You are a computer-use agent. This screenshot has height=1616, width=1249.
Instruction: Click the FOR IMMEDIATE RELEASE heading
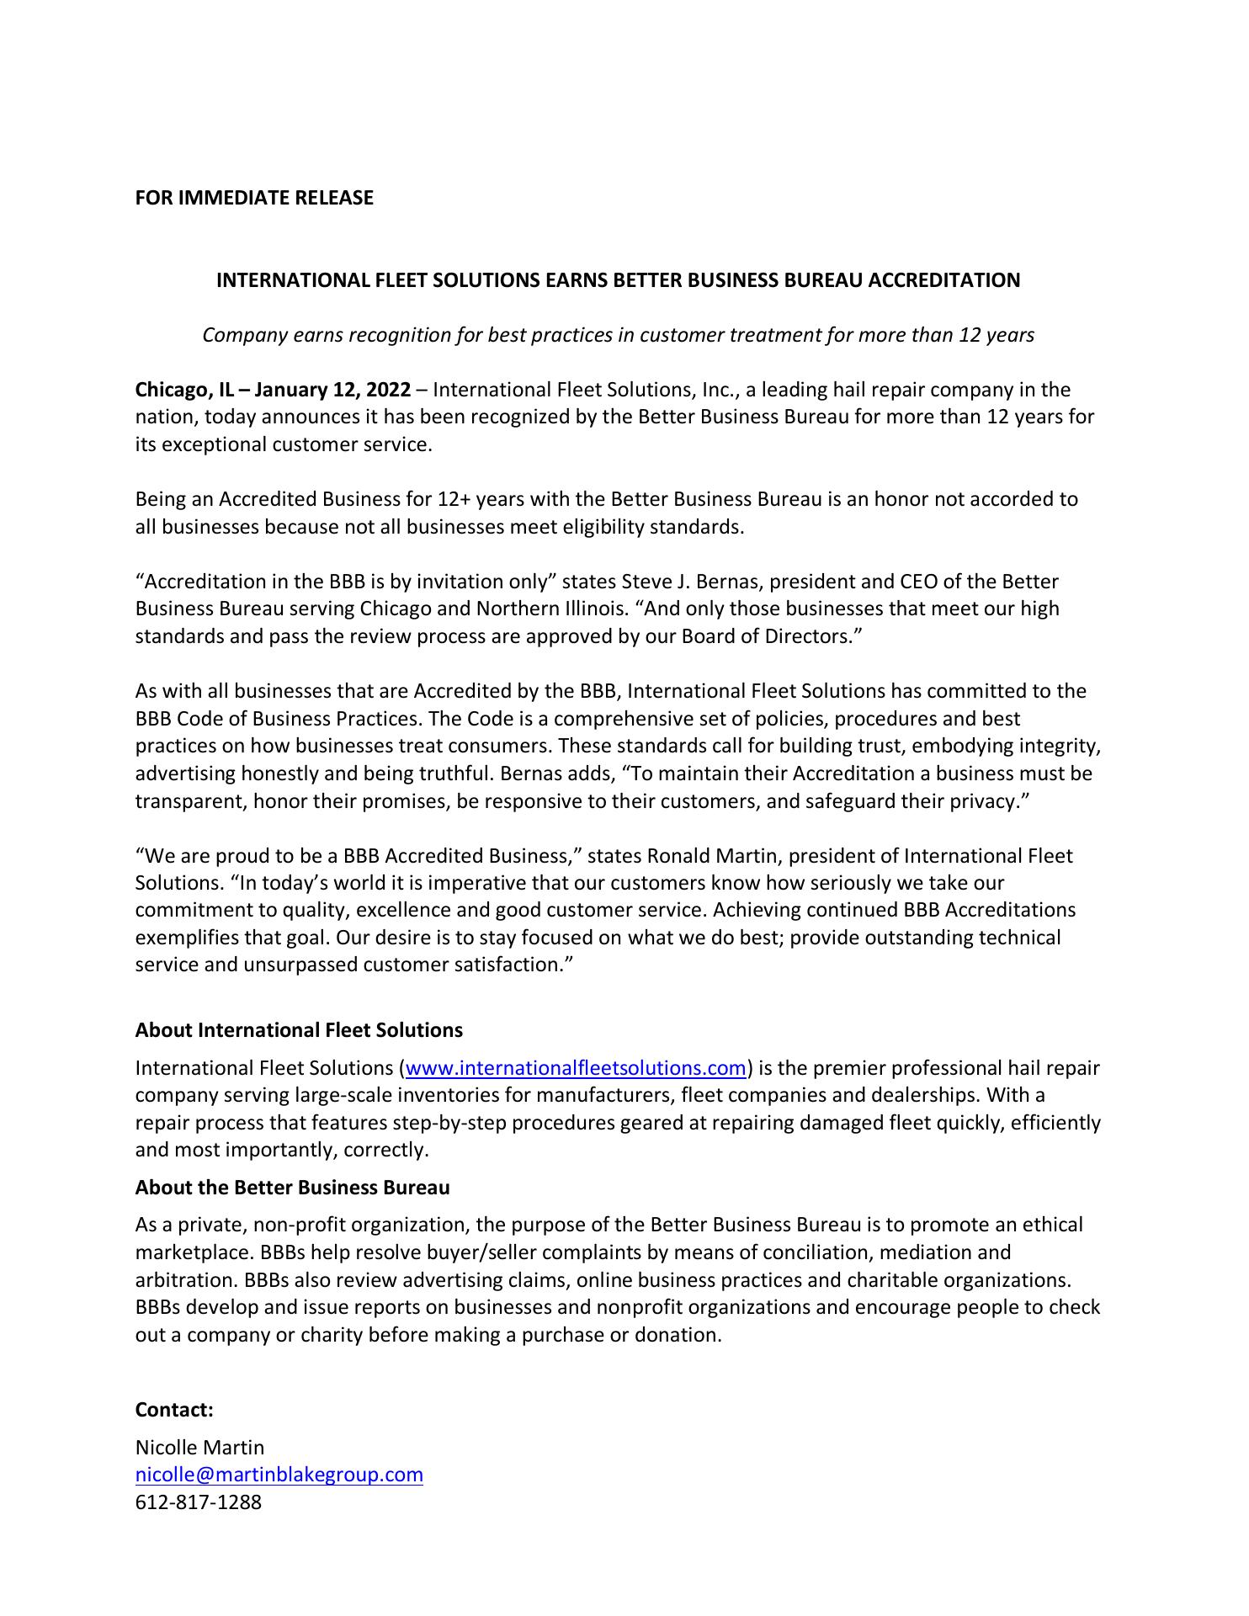[x=254, y=198]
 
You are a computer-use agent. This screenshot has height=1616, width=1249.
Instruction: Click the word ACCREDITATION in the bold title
[x=943, y=280]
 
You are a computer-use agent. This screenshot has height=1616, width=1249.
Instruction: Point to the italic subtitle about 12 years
[x=618, y=335]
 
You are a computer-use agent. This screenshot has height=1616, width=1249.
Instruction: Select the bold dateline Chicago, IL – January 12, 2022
[x=274, y=390]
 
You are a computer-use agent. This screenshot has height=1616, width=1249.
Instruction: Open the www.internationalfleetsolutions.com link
[x=576, y=1068]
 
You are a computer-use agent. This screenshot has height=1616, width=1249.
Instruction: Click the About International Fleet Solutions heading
[x=299, y=1030]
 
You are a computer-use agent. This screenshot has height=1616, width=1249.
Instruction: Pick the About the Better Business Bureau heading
[x=292, y=1188]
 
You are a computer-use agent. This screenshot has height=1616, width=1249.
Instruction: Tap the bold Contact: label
[x=174, y=1410]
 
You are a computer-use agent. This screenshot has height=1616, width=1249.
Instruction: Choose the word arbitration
[x=184, y=1280]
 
